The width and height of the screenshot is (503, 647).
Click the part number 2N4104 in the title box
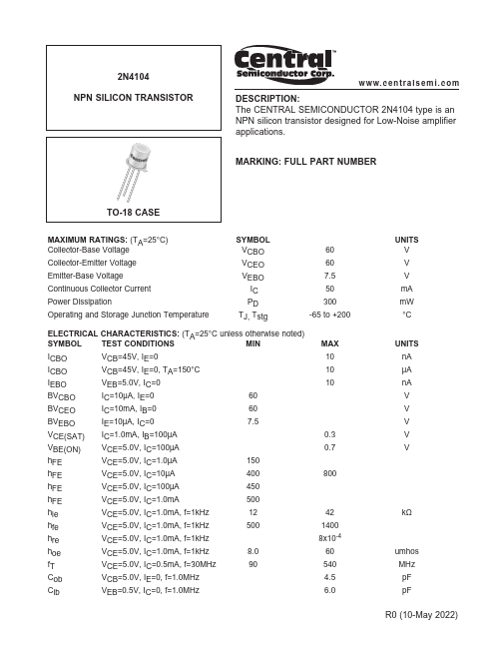pyautogui.click(x=133, y=77)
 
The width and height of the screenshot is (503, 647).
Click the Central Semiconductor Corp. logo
pyautogui.click(x=284, y=65)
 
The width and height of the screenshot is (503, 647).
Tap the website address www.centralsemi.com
pyautogui.click(x=408, y=83)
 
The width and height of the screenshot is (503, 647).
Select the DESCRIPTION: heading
pyautogui.click(x=267, y=99)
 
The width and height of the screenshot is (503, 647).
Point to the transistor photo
pyautogui.click(x=134, y=172)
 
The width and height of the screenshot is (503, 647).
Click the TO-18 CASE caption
pyautogui.click(x=133, y=212)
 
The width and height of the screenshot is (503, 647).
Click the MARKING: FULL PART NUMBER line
pyautogui.click(x=306, y=162)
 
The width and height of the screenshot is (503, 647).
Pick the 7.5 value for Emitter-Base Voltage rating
pyautogui.click(x=329, y=276)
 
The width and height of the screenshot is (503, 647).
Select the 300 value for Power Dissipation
pyautogui.click(x=329, y=302)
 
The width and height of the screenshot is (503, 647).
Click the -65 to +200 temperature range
pyautogui.click(x=329, y=315)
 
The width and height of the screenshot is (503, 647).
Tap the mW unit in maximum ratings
pyautogui.click(x=407, y=302)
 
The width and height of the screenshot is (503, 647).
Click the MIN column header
pyautogui.click(x=253, y=343)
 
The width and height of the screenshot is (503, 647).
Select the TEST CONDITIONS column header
pyautogui.click(x=138, y=343)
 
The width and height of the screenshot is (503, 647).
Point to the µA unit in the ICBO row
pyautogui.click(x=406, y=370)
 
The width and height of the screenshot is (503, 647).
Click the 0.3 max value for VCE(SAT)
pyautogui.click(x=329, y=434)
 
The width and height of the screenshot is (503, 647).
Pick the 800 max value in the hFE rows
pyautogui.click(x=329, y=473)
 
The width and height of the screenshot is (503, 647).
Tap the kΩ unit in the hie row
pyautogui.click(x=406, y=512)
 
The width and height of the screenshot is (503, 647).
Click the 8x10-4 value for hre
pyautogui.click(x=329, y=537)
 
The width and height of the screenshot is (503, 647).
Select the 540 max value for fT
pyautogui.click(x=329, y=564)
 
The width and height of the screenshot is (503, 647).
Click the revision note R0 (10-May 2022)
pyautogui.click(x=421, y=615)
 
